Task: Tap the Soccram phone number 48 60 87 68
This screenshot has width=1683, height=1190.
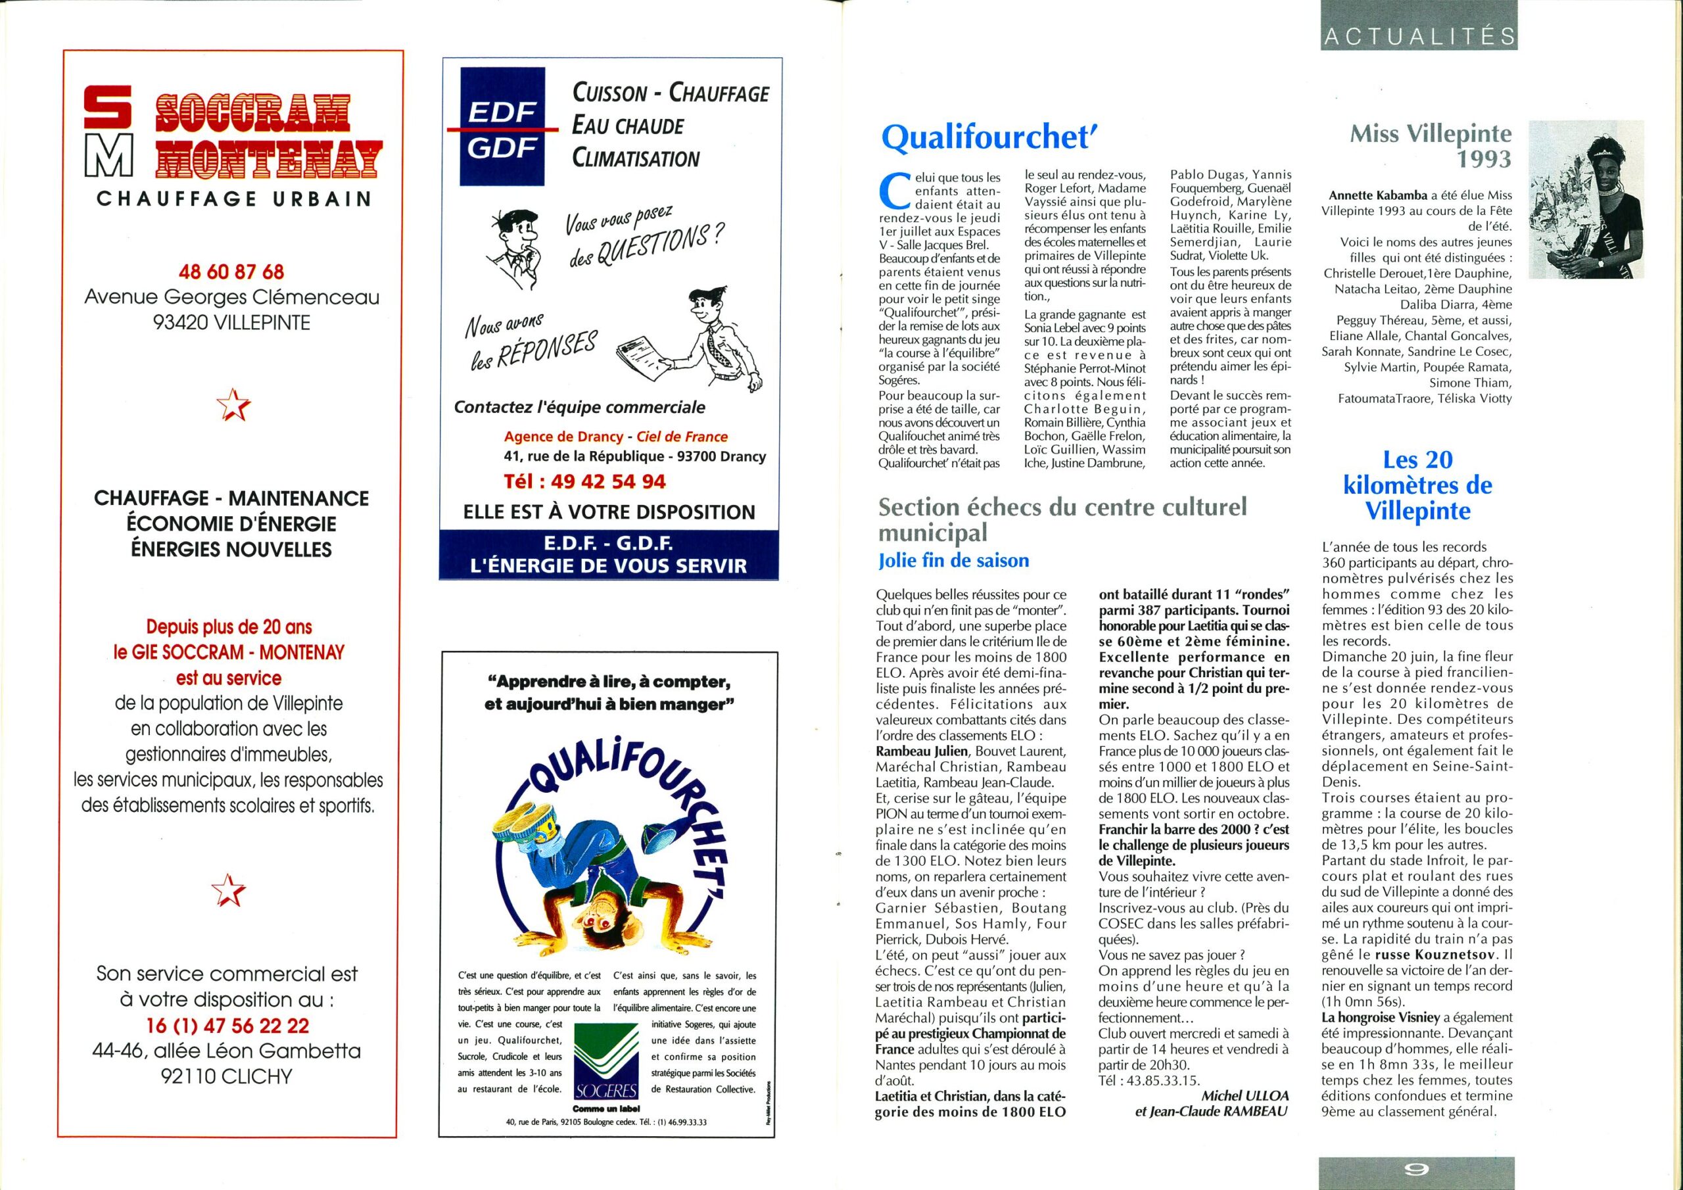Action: click(231, 272)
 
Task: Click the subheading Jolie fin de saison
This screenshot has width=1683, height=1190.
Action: click(954, 561)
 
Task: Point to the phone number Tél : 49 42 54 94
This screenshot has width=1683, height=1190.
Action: click(584, 481)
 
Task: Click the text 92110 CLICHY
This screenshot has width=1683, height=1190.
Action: click(228, 1076)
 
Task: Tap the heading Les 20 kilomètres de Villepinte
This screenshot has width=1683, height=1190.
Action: click(1417, 485)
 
